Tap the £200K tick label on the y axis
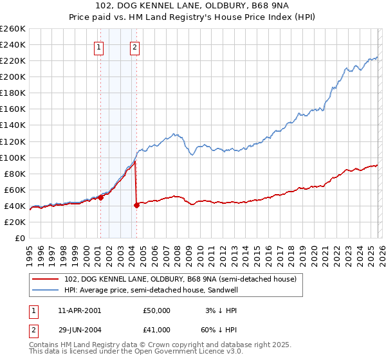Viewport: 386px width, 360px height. (13, 76)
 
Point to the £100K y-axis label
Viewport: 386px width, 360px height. (13, 157)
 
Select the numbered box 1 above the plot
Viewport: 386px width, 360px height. (100, 46)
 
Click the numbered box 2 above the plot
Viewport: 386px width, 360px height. (135, 46)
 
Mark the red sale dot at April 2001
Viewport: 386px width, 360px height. (101, 198)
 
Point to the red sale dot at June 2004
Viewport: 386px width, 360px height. (137, 205)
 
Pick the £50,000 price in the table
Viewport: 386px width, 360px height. (156, 310)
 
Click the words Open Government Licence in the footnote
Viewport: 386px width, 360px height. (170, 352)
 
